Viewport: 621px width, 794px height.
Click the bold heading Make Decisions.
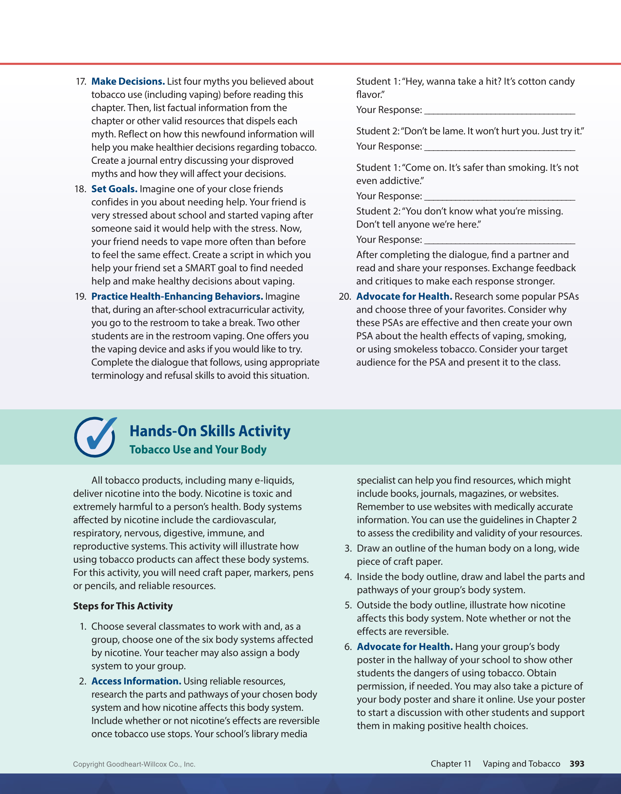128,81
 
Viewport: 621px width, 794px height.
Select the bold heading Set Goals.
114,189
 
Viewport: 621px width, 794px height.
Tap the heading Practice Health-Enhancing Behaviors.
177,297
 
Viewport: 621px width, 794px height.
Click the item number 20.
345,297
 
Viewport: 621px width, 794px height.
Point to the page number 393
576,763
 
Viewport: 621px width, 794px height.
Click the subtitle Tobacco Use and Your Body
198,450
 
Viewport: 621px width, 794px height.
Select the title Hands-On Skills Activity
210,431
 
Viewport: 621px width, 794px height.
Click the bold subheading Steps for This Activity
123,606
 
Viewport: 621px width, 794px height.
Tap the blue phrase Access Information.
136,681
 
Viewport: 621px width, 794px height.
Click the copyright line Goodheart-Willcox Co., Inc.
134,764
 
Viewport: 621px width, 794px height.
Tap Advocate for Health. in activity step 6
404,647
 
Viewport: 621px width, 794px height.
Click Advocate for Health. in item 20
404,297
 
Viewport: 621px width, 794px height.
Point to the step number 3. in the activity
348,548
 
